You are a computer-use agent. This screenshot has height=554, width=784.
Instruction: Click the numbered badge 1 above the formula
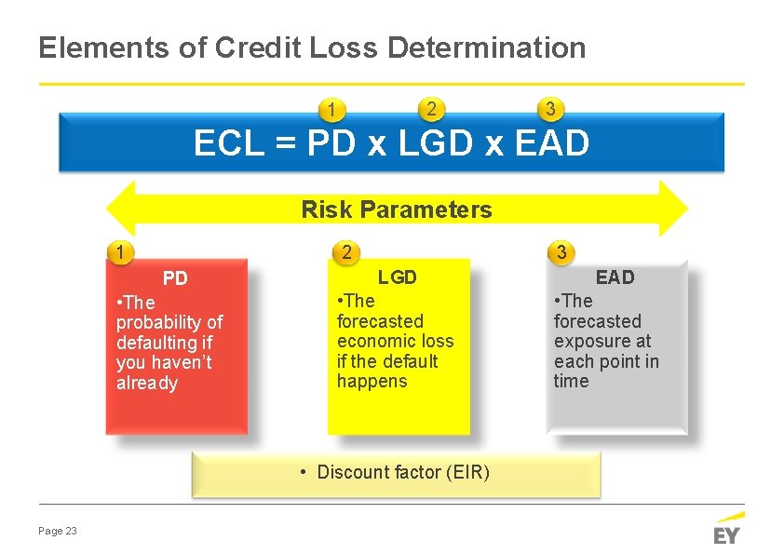(x=331, y=111)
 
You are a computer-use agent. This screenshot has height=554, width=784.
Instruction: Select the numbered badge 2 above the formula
(x=429, y=109)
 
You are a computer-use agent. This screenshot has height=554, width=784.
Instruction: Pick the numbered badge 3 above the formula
(x=550, y=109)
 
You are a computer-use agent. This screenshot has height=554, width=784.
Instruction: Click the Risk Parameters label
(x=396, y=209)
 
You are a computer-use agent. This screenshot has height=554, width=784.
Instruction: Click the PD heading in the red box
(x=175, y=278)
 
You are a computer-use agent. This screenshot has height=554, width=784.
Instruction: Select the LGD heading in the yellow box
(x=397, y=277)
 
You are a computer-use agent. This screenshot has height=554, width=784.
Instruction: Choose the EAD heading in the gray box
(x=615, y=277)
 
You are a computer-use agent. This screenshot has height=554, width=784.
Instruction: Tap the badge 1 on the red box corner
(x=118, y=251)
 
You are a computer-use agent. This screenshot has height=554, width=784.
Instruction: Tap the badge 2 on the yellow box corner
(x=345, y=251)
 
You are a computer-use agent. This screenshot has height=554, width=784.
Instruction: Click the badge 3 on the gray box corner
(x=561, y=251)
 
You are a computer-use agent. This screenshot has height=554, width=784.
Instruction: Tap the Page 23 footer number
(x=58, y=531)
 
